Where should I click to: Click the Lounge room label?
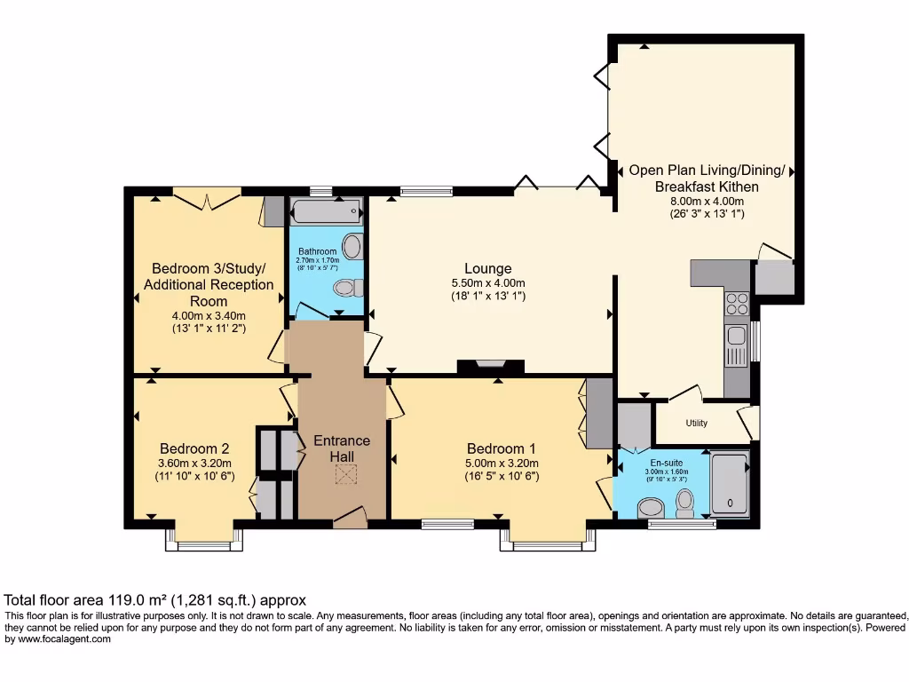click(x=487, y=268)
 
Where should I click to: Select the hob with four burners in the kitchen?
click(x=738, y=304)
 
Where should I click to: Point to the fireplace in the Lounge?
click(x=491, y=365)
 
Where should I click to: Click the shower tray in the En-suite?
click(x=730, y=484)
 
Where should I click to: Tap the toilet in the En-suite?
click(x=684, y=504)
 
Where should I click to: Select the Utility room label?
click(x=697, y=424)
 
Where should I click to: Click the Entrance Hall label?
click(x=342, y=448)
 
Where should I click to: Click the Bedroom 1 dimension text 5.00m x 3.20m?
click(x=502, y=463)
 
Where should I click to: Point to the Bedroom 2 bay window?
click(x=204, y=542)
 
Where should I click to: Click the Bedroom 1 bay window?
click(x=548, y=542)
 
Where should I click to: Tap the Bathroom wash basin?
click(x=352, y=246)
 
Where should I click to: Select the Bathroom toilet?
click(x=346, y=287)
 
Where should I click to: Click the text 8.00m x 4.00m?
click(x=707, y=201)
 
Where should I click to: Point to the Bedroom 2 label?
click(x=194, y=448)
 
